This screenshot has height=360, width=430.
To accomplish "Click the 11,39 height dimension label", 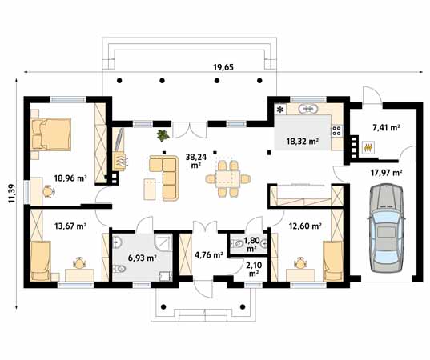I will [x=10, y=193].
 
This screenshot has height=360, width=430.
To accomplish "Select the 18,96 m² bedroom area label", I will [x=70, y=179].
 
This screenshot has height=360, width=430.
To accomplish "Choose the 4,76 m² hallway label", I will [x=209, y=257].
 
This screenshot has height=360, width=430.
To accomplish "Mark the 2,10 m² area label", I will [x=254, y=269].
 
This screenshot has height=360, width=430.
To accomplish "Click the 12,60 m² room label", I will [x=305, y=226].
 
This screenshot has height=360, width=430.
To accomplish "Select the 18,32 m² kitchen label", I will [x=303, y=142].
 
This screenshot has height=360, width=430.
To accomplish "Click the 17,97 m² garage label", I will [x=385, y=171].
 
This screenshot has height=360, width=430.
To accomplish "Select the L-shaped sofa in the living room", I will [x=165, y=176].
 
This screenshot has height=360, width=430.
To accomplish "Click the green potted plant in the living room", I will [x=163, y=135].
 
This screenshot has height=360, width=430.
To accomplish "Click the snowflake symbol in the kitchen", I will [x=280, y=110].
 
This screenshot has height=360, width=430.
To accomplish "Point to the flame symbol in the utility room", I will [x=368, y=147].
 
